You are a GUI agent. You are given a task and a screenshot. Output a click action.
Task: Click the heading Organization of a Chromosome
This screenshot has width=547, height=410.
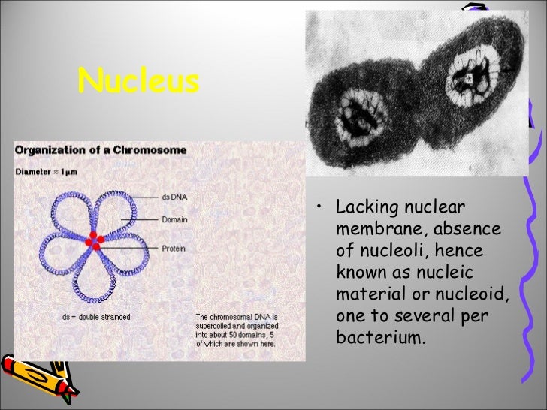click(x=101, y=149)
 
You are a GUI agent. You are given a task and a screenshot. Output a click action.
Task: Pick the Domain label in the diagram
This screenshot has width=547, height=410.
click(x=175, y=220)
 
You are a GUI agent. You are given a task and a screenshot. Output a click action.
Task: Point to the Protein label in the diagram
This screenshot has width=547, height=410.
click(x=174, y=248)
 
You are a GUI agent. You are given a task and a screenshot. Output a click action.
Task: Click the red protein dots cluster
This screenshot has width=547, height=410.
click(x=94, y=240)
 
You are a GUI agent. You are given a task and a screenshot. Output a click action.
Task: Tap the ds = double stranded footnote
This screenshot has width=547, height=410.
click(x=96, y=317)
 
